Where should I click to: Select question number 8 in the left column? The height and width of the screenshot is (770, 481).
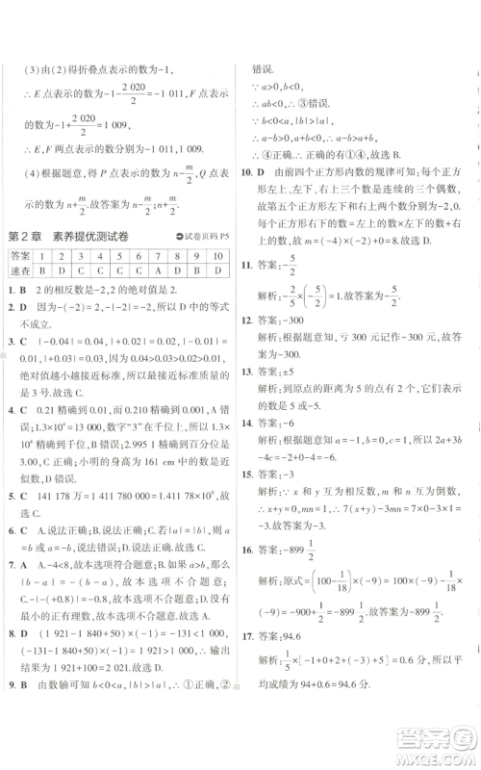[9, 661]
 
